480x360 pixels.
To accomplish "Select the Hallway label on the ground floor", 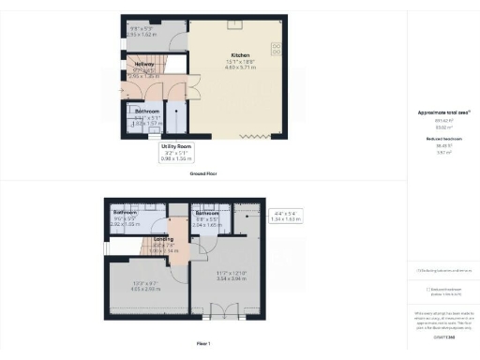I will [x=144, y=64].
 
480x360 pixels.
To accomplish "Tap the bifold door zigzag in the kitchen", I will [x=254, y=137].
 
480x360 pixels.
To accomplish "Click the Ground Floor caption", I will [x=204, y=175].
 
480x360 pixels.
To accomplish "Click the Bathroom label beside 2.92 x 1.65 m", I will [x=126, y=213].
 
